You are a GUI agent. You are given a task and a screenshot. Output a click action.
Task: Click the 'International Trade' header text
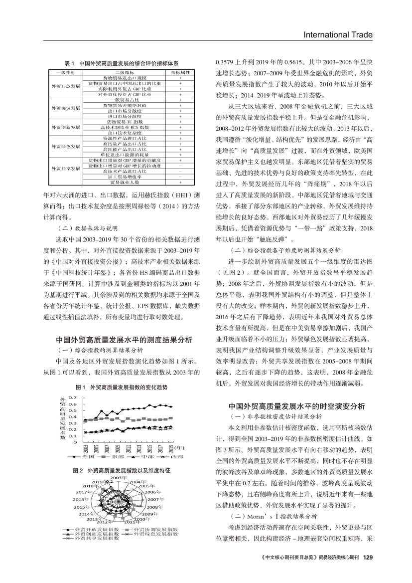click(339, 34)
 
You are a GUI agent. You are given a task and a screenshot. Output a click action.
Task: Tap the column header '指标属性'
click(180, 72)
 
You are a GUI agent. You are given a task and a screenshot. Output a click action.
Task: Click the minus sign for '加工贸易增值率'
click(180, 177)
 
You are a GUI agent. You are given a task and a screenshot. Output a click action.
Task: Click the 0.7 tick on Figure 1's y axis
click(72, 396)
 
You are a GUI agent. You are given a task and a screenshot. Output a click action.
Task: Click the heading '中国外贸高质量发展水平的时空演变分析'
click(296, 405)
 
